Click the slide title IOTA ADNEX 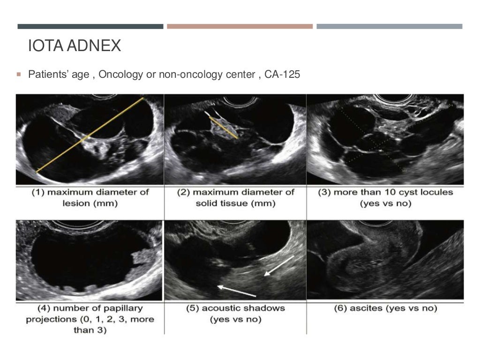tap(75, 46)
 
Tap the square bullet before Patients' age tap(19, 74)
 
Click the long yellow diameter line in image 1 tap(90, 135)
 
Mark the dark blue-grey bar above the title tap(90, 26)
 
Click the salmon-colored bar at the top tap(240, 26)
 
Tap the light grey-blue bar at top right tap(389, 26)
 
